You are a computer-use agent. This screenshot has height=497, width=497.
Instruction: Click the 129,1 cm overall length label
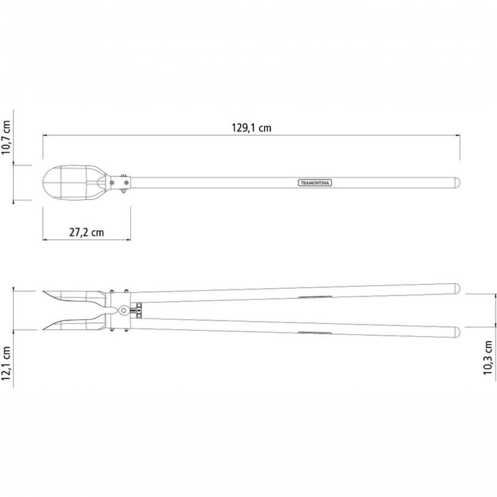pos(251,128)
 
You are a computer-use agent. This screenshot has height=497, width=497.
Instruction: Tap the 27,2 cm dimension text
pos(86,232)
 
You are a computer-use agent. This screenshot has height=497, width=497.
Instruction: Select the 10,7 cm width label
pos(6,137)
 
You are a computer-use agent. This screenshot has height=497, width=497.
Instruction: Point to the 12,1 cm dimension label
pos(6,363)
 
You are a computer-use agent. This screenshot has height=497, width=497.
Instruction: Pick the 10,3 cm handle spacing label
pos(488,358)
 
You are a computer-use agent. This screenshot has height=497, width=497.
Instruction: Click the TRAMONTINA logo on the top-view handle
pos(315,183)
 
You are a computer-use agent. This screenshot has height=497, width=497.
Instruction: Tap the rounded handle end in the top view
pos(457,183)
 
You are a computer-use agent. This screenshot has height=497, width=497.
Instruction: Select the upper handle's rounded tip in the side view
pos(457,288)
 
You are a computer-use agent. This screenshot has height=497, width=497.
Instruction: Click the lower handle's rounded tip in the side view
pos(457,332)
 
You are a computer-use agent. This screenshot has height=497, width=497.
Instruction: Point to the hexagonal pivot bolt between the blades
pos(123,310)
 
